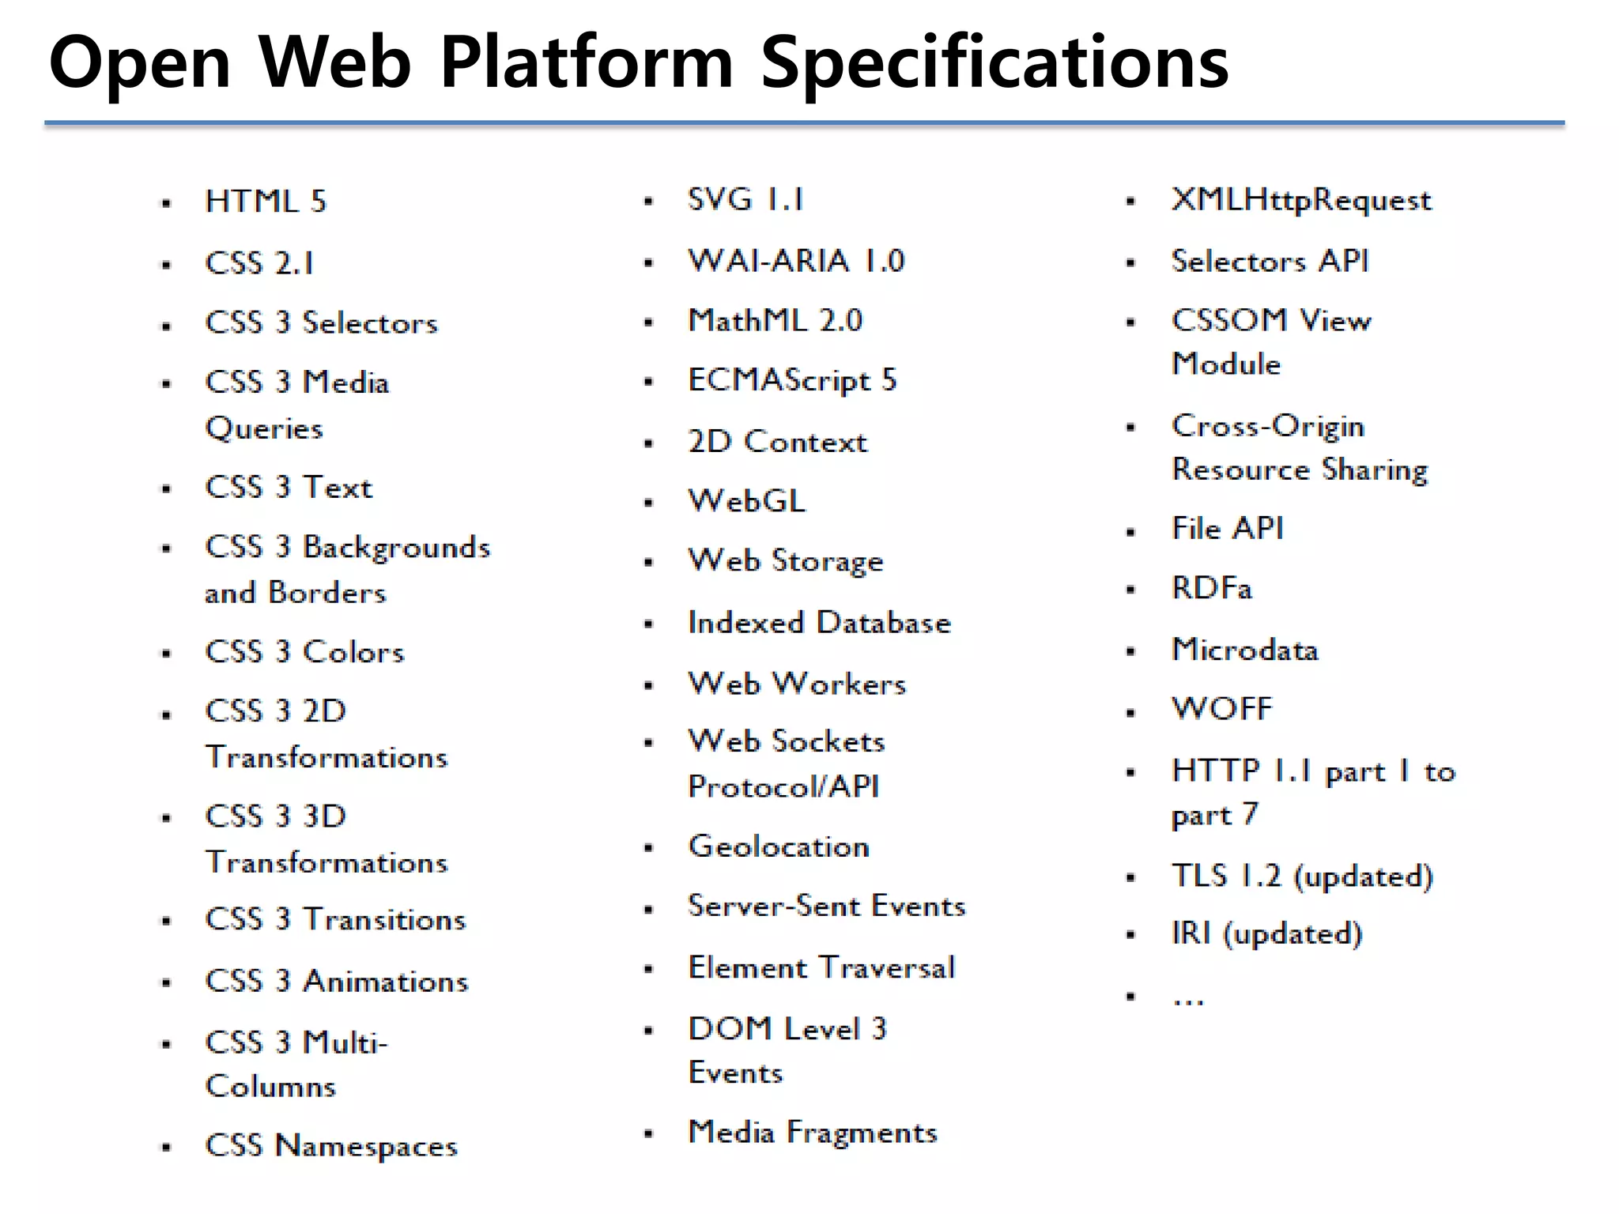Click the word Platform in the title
pyautogui.click(x=587, y=63)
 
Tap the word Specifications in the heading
pyautogui.click(x=994, y=63)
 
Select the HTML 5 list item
pyautogui.click(x=266, y=202)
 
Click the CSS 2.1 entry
pyautogui.click(x=259, y=263)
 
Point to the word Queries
pyautogui.click(x=264, y=428)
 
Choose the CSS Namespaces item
pyautogui.click(x=331, y=1145)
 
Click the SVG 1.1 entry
pyautogui.click(x=745, y=199)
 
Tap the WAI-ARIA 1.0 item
pyautogui.click(x=796, y=261)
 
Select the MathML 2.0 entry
pyautogui.click(x=776, y=321)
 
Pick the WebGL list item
pyautogui.click(x=747, y=501)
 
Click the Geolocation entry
pyautogui.click(x=779, y=846)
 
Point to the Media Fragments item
pyautogui.click(x=813, y=1133)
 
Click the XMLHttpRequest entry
pyautogui.click(x=1301, y=201)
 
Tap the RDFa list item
pyautogui.click(x=1212, y=589)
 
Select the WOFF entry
pyautogui.click(x=1222, y=709)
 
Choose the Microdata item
pyautogui.click(x=1245, y=650)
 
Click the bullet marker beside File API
pyautogui.click(x=1130, y=532)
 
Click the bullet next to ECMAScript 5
pyautogui.click(x=648, y=383)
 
